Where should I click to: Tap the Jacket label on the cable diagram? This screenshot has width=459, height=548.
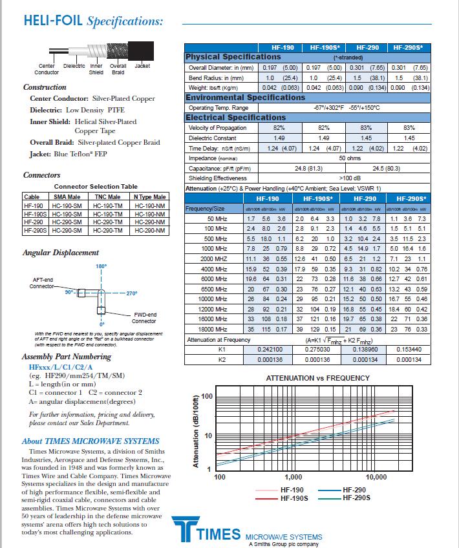[142, 66]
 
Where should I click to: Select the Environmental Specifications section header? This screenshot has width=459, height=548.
[245, 98]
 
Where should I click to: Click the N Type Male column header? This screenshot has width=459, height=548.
[149, 196]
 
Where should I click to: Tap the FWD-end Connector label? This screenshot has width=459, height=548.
[144, 317]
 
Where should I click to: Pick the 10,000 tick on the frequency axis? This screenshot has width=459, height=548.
[376, 476]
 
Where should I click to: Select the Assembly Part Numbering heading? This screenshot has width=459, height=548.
[67, 356]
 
